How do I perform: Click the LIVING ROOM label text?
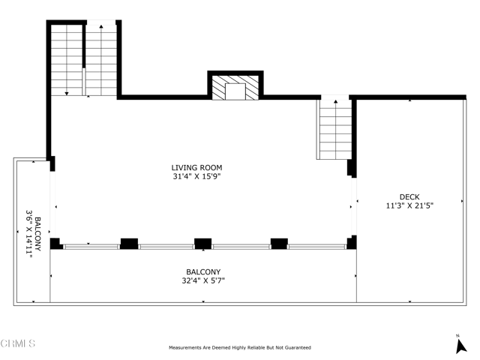click(x=196, y=168)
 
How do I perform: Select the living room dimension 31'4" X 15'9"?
click(x=196, y=177)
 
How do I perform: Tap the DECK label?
click(x=409, y=196)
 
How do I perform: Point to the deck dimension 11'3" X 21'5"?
click(x=409, y=205)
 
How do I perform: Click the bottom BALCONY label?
click(x=202, y=272)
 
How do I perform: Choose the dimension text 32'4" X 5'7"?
click(x=202, y=281)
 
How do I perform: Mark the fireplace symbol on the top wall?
click(x=235, y=88)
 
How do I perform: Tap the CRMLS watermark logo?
click(x=18, y=344)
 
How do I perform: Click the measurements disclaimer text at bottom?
click(x=239, y=348)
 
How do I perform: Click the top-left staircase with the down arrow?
click(x=67, y=60)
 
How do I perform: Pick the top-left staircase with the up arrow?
click(x=100, y=60)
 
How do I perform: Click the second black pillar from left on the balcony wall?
click(x=129, y=243)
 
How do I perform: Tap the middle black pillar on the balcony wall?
click(x=202, y=243)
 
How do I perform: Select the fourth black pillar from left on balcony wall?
click(x=279, y=243)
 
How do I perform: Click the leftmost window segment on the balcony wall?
click(x=91, y=246)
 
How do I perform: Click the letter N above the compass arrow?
click(x=458, y=335)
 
